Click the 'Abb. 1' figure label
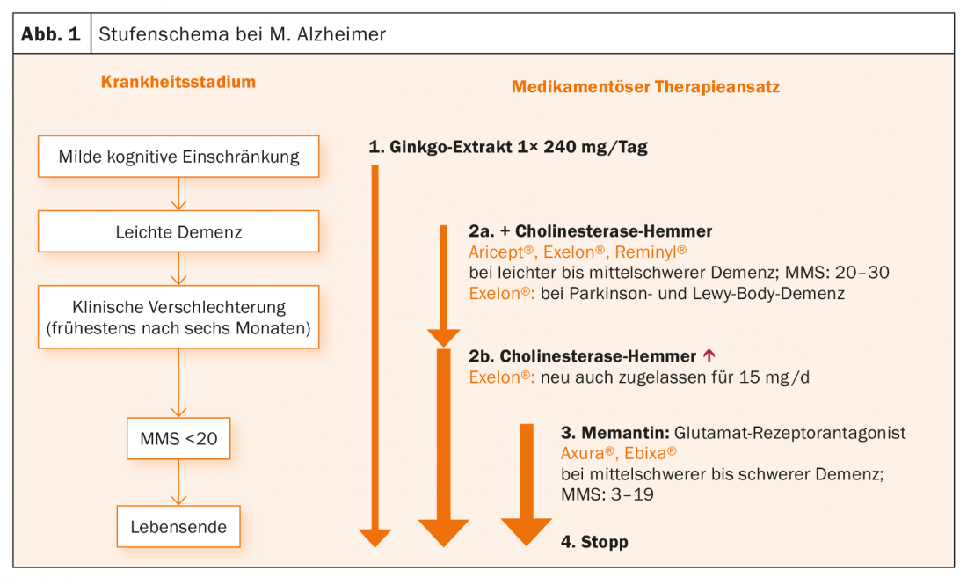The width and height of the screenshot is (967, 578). pyautogui.click(x=50, y=35)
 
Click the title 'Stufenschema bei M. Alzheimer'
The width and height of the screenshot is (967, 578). pyautogui.click(x=243, y=35)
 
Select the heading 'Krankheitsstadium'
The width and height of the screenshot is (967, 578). pyautogui.click(x=178, y=83)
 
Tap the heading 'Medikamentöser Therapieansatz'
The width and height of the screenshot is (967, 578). pyautogui.click(x=645, y=88)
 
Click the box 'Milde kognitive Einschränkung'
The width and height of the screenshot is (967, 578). pyautogui.click(x=178, y=157)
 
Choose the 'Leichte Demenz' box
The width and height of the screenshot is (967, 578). pyautogui.click(x=178, y=233)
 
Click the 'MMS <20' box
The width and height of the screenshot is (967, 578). pyautogui.click(x=178, y=437)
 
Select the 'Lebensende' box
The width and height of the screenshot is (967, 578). pyautogui.click(x=178, y=528)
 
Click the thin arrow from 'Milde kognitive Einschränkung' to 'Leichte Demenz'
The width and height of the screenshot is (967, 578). pyautogui.click(x=178, y=195)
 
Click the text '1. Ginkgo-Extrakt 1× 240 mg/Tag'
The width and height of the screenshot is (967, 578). pyautogui.click(x=508, y=147)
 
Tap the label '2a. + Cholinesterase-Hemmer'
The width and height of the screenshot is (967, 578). pyautogui.click(x=591, y=231)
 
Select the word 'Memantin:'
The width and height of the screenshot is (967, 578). pyautogui.click(x=625, y=434)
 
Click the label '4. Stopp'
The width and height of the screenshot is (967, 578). pyautogui.click(x=594, y=542)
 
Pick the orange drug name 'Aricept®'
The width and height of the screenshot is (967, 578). pyautogui.click(x=499, y=252)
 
